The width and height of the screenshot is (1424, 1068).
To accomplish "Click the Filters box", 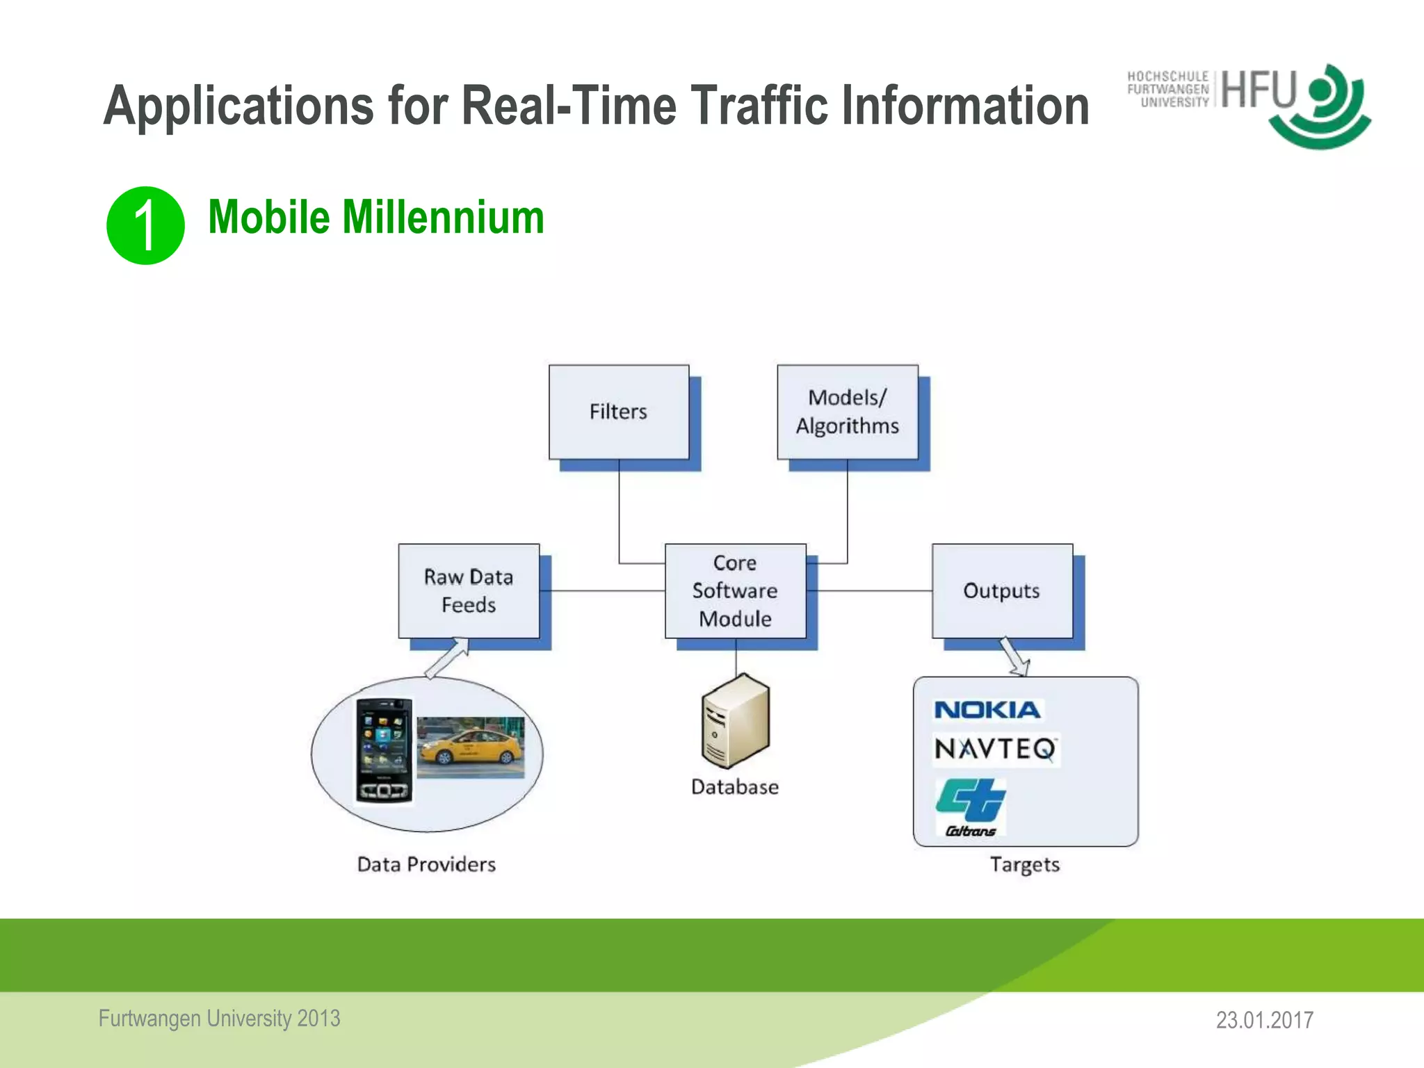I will click(618, 412).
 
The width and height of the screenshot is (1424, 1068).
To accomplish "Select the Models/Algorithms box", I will click(847, 412).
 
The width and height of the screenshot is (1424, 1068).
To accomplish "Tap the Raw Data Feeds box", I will click(469, 591).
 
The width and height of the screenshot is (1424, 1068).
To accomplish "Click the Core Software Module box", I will click(735, 591).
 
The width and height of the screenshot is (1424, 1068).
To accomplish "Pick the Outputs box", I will click(1001, 591).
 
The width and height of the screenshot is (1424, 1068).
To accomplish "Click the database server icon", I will click(735, 721).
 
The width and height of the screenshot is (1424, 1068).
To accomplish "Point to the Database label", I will click(735, 787).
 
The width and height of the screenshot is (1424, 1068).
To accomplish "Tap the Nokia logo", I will click(987, 710).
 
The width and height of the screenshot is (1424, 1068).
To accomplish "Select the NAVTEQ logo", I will click(995, 750).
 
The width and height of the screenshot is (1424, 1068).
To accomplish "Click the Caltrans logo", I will click(971, 807).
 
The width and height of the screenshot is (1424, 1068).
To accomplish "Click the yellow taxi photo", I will click(471, 747).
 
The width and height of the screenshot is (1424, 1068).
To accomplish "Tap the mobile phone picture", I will click(384, 751).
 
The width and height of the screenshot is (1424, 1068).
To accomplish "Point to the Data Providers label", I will click(426, 864).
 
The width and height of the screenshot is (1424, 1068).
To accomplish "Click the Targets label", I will click(1025, 864).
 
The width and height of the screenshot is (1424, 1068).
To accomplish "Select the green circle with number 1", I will click(145, 225).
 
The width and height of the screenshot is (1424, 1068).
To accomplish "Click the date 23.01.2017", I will click(1264, 1020).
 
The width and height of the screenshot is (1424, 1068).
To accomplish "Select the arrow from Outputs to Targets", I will click(1014, 656).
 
